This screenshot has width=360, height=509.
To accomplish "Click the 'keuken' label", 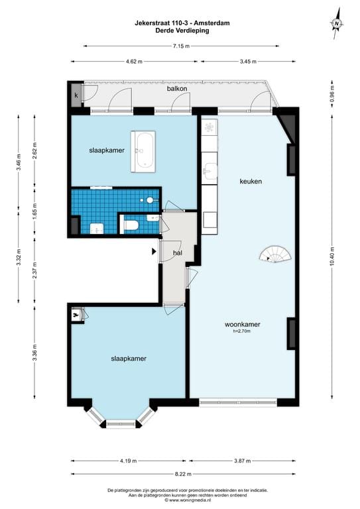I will pyautogui.click(x=251, y=181).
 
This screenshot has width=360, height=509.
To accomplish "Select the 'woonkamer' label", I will pyautogui.click(x=241, y=325).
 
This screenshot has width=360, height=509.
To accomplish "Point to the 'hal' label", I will pyautogui.click(x=178, y=253).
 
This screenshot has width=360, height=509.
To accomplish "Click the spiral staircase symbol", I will pyautogui.click(x=274, y=254).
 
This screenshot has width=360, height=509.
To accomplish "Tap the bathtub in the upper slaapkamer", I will pyautogui.click(x=144, y=150).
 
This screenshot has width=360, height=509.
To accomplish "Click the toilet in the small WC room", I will pyautogui.click(x=131, y=226).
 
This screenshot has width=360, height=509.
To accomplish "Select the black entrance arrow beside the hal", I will pyautogui.click(x=154, y=251).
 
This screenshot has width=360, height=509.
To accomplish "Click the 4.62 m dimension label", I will pyautogui.click(x=135, y=62).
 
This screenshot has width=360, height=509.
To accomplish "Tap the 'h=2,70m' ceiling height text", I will pyautogui.click(x=241, y=332).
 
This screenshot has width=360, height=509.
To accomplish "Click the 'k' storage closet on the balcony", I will pyautogui.click(x=76, y=96).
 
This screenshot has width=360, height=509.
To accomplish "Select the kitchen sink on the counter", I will pyautogui.click(x=209, y=172).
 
